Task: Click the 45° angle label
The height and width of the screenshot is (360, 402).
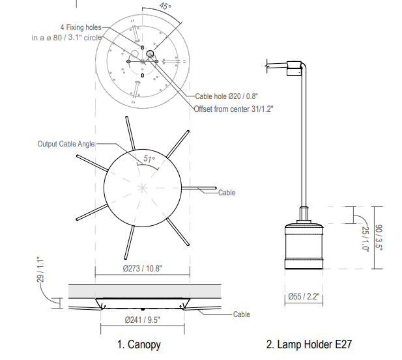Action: (x=165, y=6)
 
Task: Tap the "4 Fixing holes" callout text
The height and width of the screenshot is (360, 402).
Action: (x=81, y=27)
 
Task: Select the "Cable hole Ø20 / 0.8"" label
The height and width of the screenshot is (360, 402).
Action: (x=226, y=96)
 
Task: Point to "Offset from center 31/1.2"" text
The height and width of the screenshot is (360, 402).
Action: (x=233, y=109)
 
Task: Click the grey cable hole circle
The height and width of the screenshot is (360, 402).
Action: (x=150, y=54)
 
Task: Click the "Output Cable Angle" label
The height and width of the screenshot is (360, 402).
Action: (x=66, y=144)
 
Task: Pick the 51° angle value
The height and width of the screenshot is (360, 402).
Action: (x=149, y=159)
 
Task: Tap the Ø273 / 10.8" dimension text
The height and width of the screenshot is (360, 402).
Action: (x=142, y=268)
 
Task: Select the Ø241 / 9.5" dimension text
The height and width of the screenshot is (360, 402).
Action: (x=142, y=320)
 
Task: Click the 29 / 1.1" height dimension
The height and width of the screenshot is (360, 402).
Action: (x=40, y=270)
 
